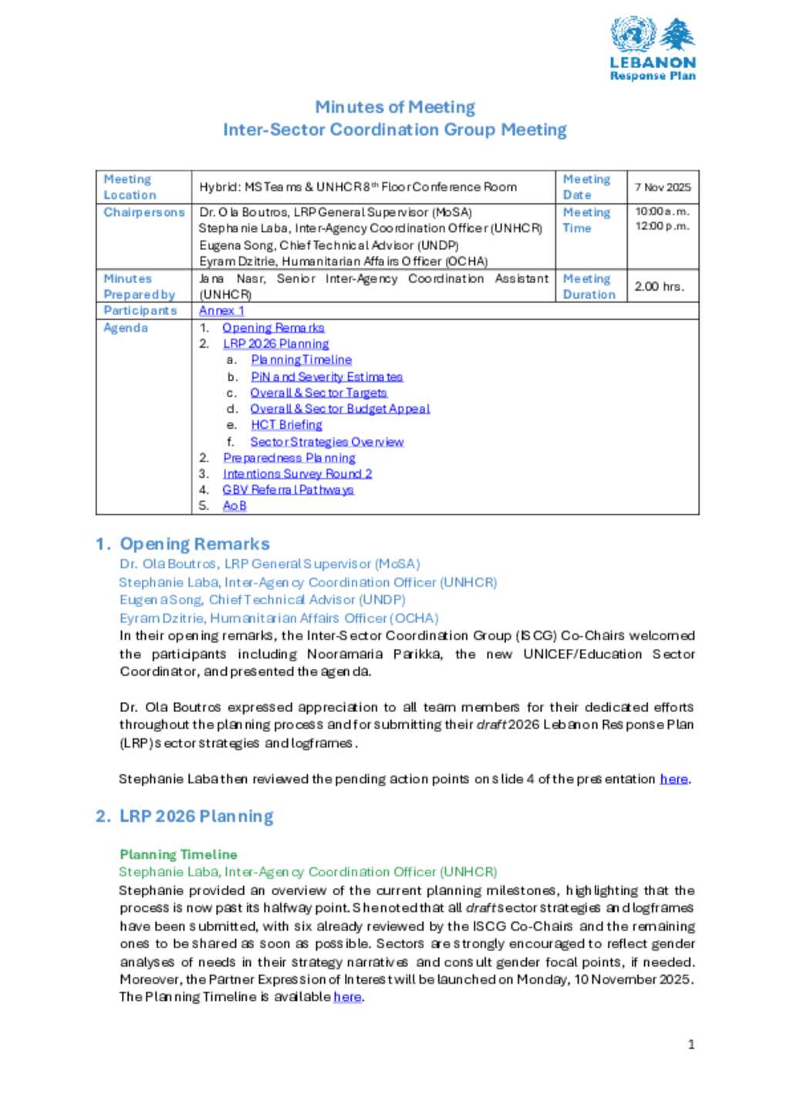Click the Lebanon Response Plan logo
pyautogui.click(x=653, y=49)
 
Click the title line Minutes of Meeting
pyautogui.click(x=394, y=107)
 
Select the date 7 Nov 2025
pyautogui.click(x=662, y=187)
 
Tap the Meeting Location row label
pyautogui.click(x=130, y=187)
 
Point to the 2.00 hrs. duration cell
pyautogui.click(x=659, y=286)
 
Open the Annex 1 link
pyautogui.click(x=221, y=310)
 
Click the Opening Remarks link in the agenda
pyautogui.click(x=273, y=328)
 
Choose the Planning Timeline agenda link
pyautogui.click(x=301, y=360)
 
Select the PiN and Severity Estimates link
pyautogui.click(x=326, y=377)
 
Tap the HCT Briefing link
pyautogui.click(x=286, y=425)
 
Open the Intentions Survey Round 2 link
pyautogui.click(x=297, y=474)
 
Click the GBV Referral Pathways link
pyautogui.click(x=288, y=490)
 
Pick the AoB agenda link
pyautogui.click(x=235, y=506)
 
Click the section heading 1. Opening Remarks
pyautogui.click(x=183, y=544)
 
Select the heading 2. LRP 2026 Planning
pyautogui.click(x=185, y=816)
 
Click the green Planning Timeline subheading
pyautogui.click(x=178, y=854)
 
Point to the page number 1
pyautogui.click(x=691, y=1045)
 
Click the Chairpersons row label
pyautogui.click(x=144, y=212)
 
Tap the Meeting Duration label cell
pyautogui.click(x=589, y=286)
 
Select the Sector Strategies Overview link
pyautogui.click(x=326, y=442)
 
